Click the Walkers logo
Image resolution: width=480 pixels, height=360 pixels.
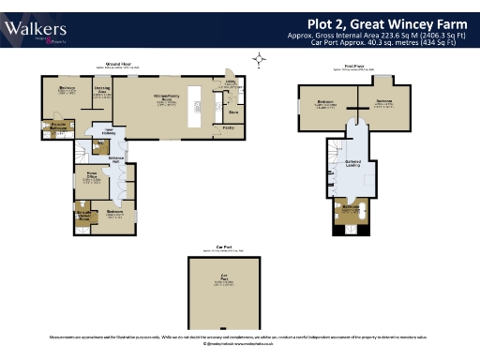pyautogui.click(x=35, y=29)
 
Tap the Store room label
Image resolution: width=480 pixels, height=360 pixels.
pyautogui.click(x=233, y=110)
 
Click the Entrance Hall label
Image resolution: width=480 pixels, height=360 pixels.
pyautogui.click(x=117, y=159)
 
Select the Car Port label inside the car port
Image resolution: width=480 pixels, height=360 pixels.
pyautogui.click(x=224, y=278)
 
